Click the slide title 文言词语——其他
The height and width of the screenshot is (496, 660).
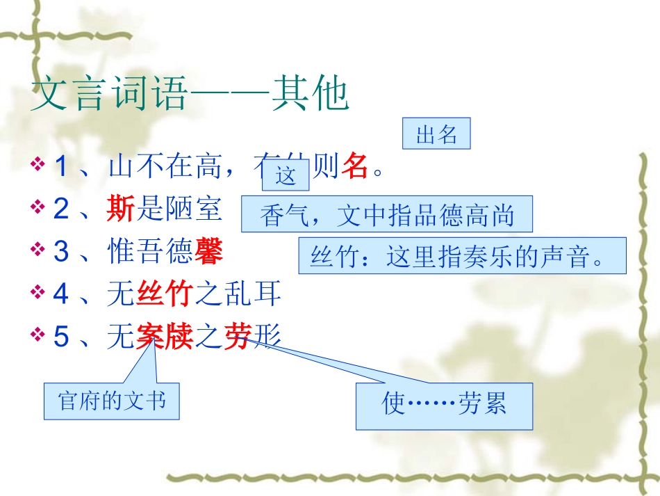point(189,96)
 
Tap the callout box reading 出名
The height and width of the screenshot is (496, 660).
point(436,134)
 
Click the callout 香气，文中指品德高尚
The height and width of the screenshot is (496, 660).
point(387,215)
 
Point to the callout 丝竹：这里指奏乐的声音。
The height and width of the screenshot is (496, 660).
point(462,256)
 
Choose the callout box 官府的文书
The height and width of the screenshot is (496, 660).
point(112,401)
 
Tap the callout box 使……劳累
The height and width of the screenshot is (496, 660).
point(444,406)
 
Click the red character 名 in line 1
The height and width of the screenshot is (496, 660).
point(354,167)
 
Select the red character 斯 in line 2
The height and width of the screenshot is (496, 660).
point(121,209)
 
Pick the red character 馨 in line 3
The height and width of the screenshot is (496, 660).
point(208,251)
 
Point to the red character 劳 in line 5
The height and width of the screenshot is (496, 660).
point(238,337)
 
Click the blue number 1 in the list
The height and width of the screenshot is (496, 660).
point(62,167)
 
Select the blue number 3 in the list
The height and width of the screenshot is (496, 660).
point(62,252)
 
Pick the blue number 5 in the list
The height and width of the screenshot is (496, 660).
point(62,337)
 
